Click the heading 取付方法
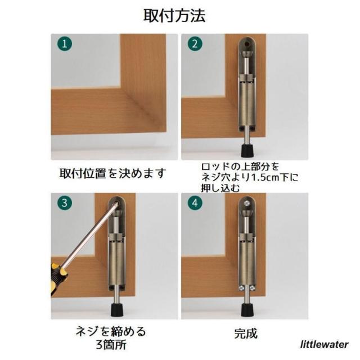click(174, 16)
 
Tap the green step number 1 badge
click(65, 44)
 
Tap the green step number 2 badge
click(195, 44)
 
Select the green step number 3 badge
click(65, 203)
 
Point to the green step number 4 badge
click(195, 203)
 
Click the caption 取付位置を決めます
click(112, 173)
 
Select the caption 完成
click(245, 334)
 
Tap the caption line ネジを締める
click(111, 332)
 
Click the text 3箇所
click(111, 345)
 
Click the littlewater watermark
click(325, 345)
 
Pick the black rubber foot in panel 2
click(247, 150)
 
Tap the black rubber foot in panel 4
click(247, 310)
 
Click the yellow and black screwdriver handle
click(58, 280)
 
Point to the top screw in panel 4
click(247, 203)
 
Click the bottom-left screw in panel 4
click(241, 287)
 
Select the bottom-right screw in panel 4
click(253, 287)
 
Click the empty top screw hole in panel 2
click(247, 43)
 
